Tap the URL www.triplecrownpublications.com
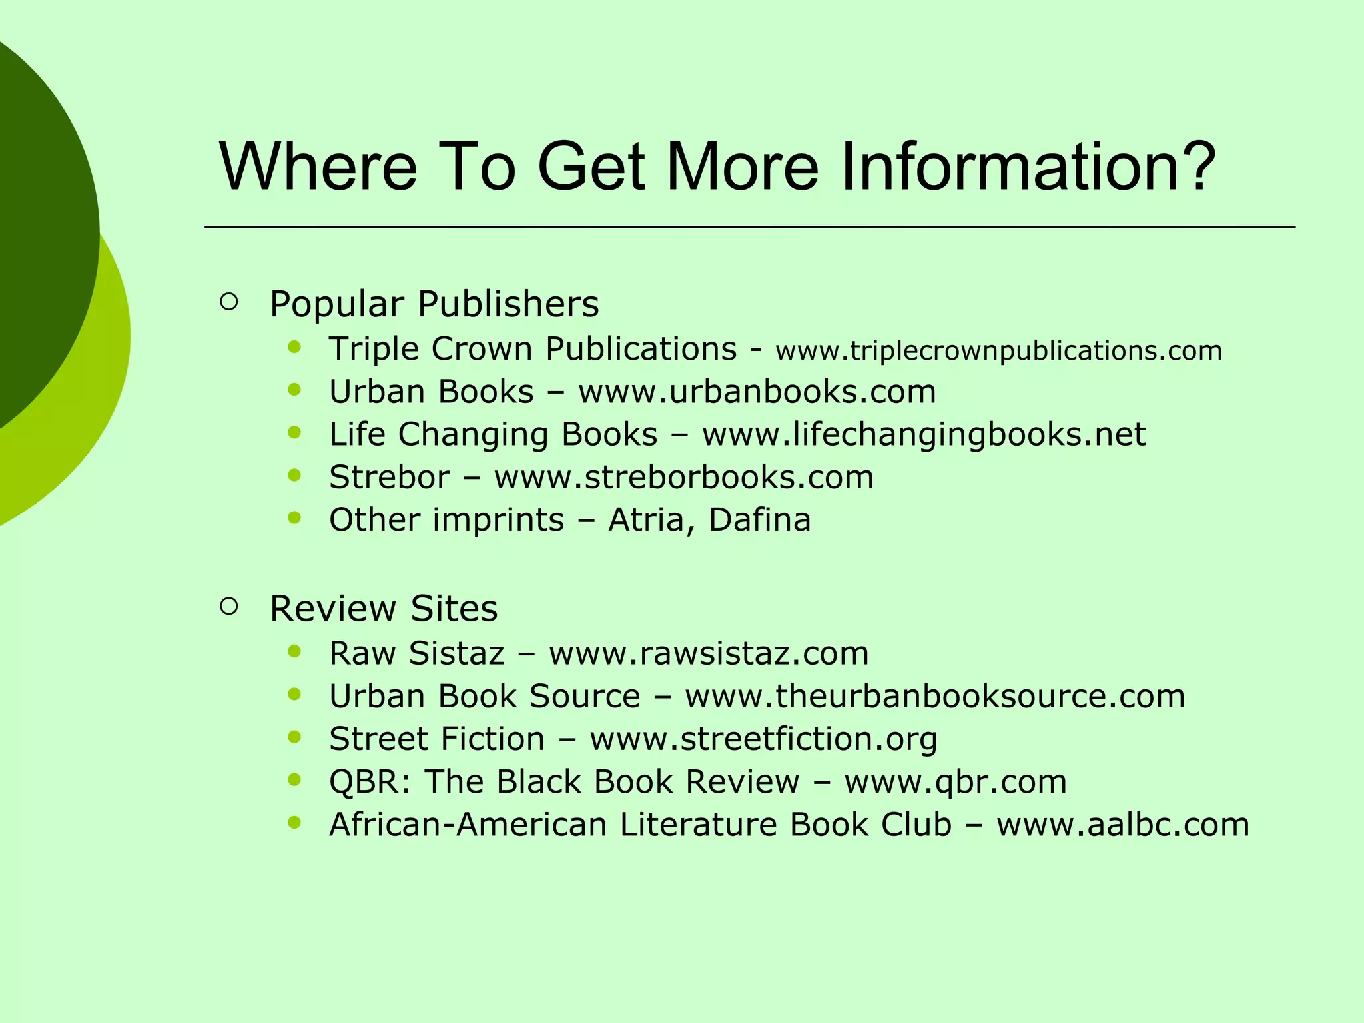click(998, 351)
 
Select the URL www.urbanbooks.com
click(757, 392)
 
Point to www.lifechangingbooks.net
click(924, 434)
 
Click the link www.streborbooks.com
click(683, 477)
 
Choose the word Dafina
click(759, 519)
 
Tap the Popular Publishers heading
click(434, 304)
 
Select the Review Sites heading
click(384, 609)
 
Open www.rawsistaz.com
click(709, 653)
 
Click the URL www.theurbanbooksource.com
click(935, 696)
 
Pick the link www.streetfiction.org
click(763, 739)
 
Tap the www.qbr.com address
click(955, 781)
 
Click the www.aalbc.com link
click(1123, 824)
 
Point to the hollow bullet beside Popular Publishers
click(228, 302)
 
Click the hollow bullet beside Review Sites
click(228, 606)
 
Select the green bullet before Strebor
click(295, 475)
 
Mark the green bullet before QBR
click(295, 779)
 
